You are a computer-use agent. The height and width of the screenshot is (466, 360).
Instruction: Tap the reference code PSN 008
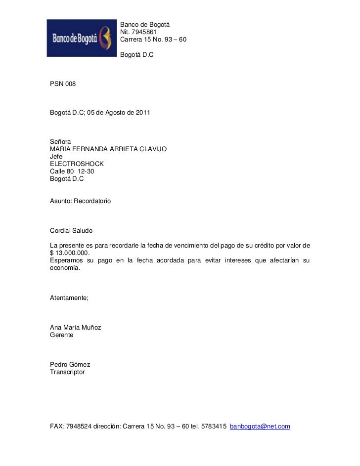[x=63, y=85]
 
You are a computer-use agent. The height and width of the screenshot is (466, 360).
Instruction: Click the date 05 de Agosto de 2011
[x=119, y=113]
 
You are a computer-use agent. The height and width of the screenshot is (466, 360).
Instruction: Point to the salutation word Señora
[x=61, y=141]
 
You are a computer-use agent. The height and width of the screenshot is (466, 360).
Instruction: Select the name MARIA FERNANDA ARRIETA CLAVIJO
[x=108, y=149]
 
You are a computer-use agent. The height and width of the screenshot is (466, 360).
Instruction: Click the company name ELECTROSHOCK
[x=77, y=164]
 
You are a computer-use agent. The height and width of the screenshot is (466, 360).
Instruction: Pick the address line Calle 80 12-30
[x=72, y=171]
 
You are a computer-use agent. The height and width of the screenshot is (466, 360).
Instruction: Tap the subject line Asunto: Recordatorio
[x=81, y=202]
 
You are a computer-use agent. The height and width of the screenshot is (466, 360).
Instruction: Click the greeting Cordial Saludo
[x=71, y=231]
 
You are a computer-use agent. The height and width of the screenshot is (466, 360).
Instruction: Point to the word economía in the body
[x=64, y=268]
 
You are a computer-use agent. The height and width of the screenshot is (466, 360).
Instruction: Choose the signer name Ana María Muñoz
[x=76, y=327]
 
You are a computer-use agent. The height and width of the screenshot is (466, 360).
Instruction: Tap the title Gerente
[x=62, y=335]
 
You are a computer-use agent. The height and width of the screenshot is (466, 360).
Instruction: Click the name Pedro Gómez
[x=70, y=364]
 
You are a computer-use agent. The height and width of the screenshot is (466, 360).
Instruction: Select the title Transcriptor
[x=67, y=372]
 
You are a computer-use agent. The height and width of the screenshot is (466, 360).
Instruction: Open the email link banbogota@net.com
[x=260, y=426]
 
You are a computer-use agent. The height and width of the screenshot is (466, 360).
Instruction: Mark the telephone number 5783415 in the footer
[x=214, y=426]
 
